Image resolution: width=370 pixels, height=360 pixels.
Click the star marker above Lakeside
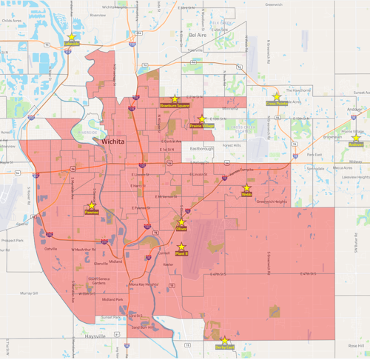(x=72, y=36)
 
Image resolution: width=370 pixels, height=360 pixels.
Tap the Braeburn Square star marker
(x=175, y=99)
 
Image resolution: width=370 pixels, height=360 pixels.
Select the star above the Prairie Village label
(x=202, y=119)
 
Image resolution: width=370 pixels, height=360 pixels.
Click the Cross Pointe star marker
(x=277, y=97)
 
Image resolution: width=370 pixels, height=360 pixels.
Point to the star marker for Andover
(x=356, y=138)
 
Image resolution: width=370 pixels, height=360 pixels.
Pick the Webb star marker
(x=246, y=188)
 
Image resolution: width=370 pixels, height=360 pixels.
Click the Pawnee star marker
(x=92, y=205)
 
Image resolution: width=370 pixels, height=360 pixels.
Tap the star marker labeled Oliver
(x=181, y=221)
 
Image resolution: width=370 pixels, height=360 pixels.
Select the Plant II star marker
(x=181, y=247)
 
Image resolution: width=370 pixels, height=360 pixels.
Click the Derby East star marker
(x=225, y=341)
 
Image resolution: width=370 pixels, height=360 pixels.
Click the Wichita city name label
(x=113, y=139)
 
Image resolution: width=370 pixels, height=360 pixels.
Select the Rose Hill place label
(x=357, y=345)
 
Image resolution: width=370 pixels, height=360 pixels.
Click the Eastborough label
(x=201, y=148)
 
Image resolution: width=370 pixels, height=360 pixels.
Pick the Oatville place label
(x=50, y=249)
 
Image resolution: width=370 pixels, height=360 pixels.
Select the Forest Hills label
(x=232, y=146)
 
